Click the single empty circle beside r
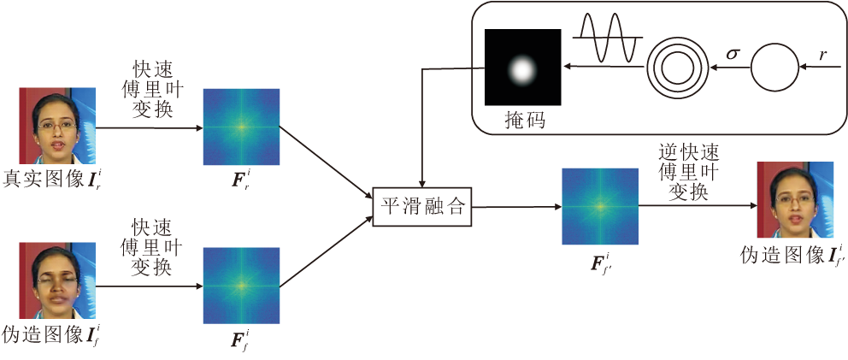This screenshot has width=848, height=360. point(774,67)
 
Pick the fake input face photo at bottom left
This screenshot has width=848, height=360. point(57,284)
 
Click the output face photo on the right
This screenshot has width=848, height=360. point(795,200)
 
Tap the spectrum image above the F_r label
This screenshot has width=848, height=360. point(241,127)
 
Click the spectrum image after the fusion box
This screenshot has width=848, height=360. point(599,206)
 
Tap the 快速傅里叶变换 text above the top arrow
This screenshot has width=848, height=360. point(152,89)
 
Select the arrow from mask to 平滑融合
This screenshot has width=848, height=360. point(421,128)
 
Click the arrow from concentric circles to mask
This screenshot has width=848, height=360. point(602,67)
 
